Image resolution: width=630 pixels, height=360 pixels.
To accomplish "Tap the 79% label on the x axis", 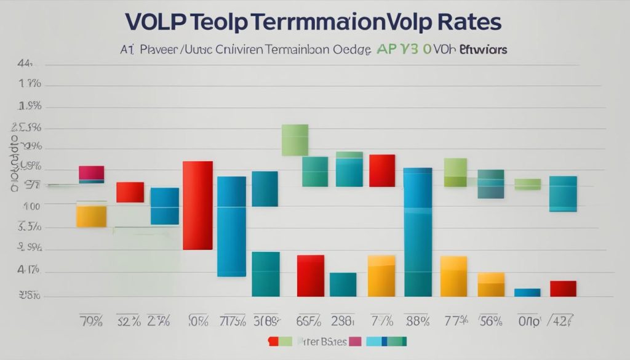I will [91, 320].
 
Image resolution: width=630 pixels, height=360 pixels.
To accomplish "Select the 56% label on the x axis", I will [490, 320].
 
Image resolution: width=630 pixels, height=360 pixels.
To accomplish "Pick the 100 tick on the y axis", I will [31, 207].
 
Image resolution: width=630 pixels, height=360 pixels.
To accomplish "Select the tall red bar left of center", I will [197, 205].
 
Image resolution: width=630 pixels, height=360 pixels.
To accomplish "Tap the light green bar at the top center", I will [295, 140].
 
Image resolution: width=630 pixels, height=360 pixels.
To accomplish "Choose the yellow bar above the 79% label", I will [91, 216].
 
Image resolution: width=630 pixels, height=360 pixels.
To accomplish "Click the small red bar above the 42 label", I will [563, 289].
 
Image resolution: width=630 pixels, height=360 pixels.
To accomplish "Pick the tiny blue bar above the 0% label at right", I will [527, 292].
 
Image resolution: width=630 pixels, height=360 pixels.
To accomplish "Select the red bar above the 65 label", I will [311, 276].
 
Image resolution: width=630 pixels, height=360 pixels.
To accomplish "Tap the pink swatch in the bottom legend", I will [356, 341].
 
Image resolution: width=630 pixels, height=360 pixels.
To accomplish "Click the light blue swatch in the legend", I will [373, 341].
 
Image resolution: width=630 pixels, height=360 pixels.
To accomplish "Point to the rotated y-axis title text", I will [13, 163].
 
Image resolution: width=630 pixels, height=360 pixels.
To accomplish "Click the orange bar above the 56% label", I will [491, 284].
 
